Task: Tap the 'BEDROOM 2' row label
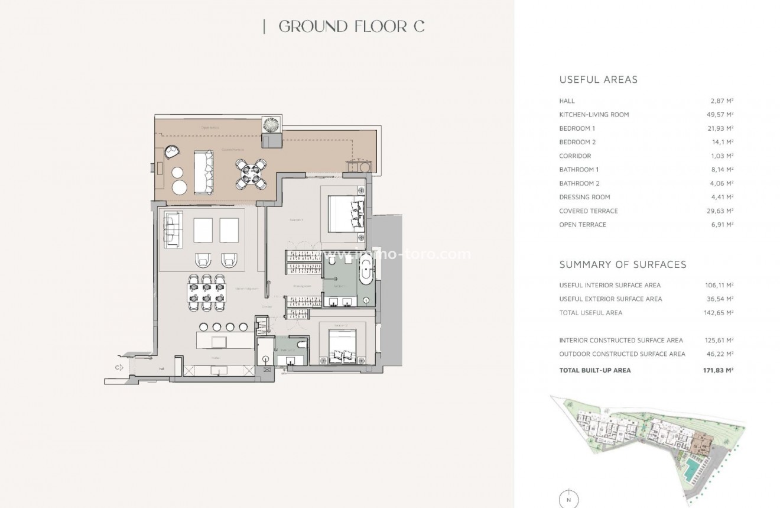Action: click(x=577, y=142)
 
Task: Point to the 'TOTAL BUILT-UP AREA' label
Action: click(x=594, y=370)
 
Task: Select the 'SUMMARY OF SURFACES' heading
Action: click(x=623, y=264)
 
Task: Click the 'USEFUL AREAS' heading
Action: click(x=598, y=79)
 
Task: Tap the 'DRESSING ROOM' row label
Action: click(x=584, y=197)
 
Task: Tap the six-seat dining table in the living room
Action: click(x=206, y=291)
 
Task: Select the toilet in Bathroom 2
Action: click(x=301, y=344)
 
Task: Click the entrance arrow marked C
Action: click(x=119, y=367)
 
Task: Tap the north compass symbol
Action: click(x=568, y=498)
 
